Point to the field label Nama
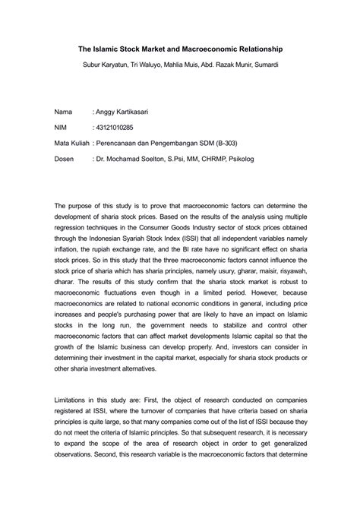65,112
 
